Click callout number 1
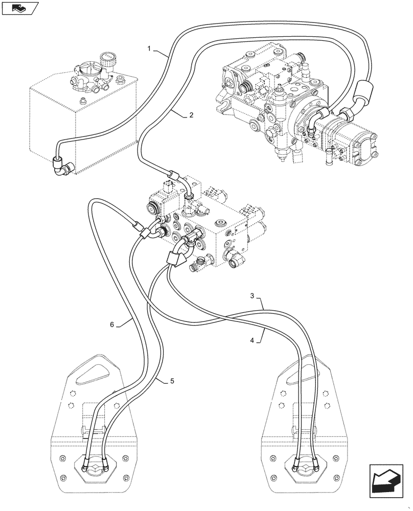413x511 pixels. (149, 49)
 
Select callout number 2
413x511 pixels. (191, 115)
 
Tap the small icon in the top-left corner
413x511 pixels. (20, 8)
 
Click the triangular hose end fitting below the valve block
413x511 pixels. (175, 259)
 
